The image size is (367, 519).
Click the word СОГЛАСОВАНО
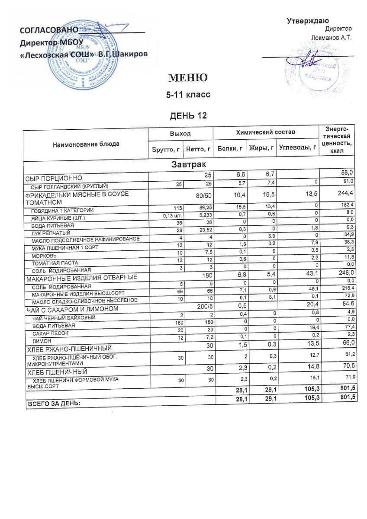click(x=48, y=31)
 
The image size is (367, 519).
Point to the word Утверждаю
click(x=309, y=21)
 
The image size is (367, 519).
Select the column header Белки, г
click(x=230, y=149)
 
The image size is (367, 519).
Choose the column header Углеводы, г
click(x=298, y=149)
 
